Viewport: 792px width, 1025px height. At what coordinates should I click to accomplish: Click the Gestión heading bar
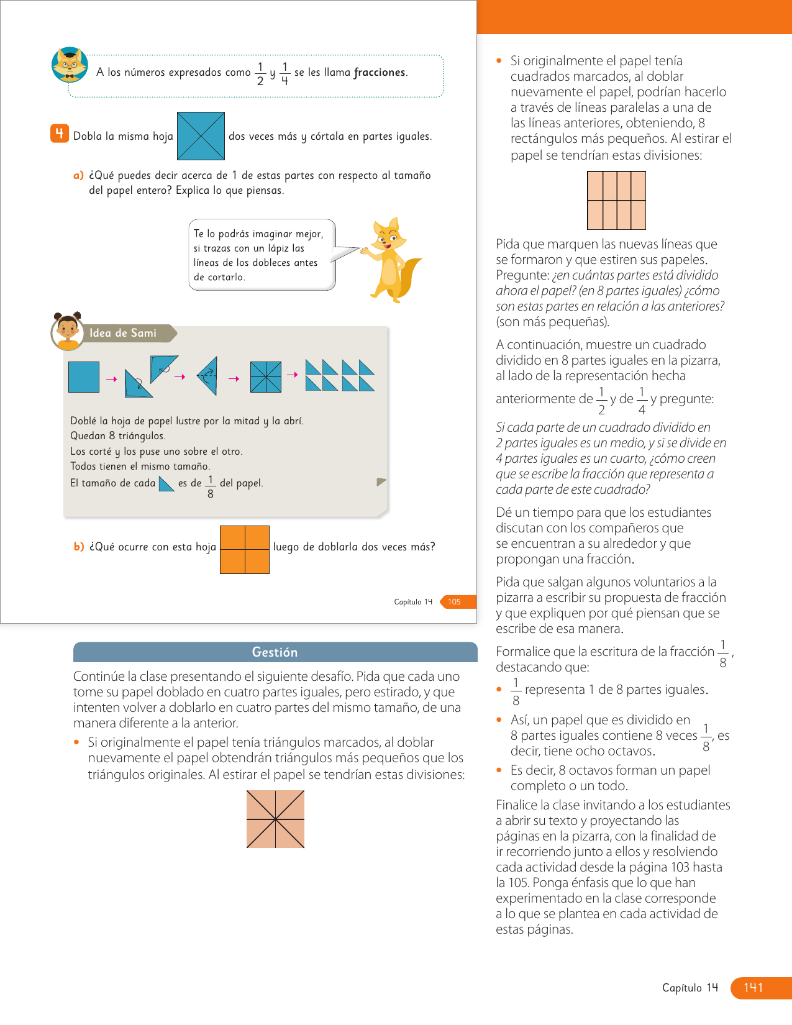[275, 652]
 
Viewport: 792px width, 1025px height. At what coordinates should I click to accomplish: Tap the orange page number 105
[455, 601]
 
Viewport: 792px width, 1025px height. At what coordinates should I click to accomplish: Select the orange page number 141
[753, 987]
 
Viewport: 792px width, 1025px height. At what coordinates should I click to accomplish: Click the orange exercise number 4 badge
[60, 134]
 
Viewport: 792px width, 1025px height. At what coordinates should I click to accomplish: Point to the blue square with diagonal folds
[201, 136]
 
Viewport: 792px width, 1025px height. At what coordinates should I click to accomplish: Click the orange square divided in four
[245, 549]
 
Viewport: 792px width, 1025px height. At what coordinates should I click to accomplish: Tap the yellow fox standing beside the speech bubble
[392, 259]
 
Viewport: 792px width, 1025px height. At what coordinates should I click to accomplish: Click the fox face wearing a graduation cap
[69, 64]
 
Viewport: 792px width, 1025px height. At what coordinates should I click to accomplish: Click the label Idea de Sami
[123, 333]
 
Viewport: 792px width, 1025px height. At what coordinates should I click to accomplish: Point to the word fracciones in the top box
[379, 72]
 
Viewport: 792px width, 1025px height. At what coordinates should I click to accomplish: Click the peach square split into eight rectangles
[616, 200]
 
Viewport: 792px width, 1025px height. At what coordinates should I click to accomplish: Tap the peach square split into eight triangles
[275, 819]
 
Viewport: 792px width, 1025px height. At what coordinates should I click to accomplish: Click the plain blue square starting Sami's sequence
[84, 376]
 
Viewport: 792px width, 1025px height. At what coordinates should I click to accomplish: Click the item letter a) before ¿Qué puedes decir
[78, 175]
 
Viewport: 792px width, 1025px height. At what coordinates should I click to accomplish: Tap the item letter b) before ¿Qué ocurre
[79, 547]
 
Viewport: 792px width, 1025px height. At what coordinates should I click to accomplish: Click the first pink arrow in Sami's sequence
[112, 379]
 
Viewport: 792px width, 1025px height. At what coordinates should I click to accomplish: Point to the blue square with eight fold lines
[266, 376]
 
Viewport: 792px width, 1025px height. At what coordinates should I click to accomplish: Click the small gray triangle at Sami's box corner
[381, 481]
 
